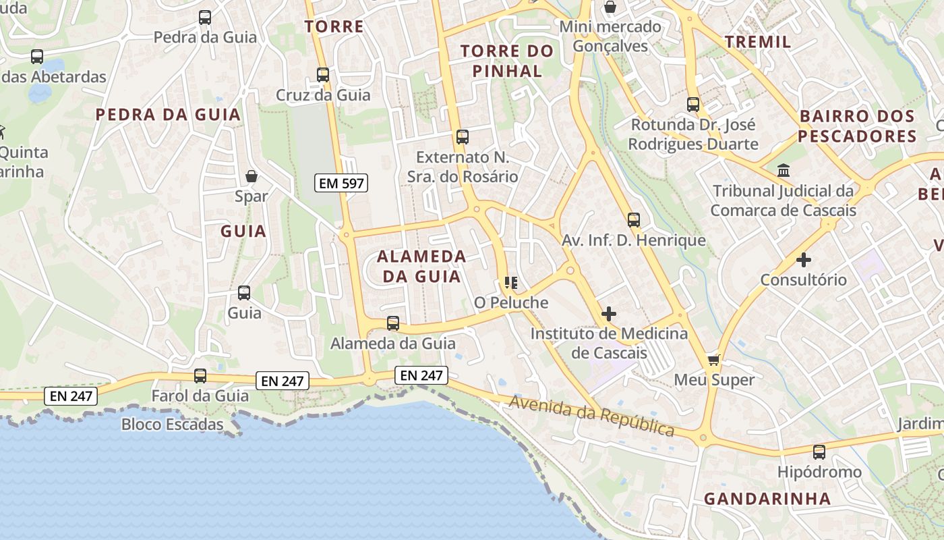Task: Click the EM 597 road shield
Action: (341, 182)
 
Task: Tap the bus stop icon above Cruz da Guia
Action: (323, 74)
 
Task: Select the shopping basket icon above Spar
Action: (252, 176)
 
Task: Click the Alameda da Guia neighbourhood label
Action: (421, 266)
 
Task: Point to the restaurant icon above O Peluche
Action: (510, 282)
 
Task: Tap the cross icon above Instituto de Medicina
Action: (609, 313)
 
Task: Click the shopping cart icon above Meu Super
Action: (714, 359)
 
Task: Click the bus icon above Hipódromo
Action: (819, 452)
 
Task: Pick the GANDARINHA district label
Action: (767, 499)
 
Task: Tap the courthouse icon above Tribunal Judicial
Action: (784, 170)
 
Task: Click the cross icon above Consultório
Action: (803, 259)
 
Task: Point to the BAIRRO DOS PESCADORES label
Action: (858, 126)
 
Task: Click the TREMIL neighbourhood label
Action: (758, 42)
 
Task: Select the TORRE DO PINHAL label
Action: (507, 61)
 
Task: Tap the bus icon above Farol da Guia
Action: (200, 375)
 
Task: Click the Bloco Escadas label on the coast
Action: (172, 425)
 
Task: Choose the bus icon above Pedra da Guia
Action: (205, 18)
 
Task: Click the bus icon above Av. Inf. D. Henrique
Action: (634, 219)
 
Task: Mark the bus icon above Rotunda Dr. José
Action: (693, 105)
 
